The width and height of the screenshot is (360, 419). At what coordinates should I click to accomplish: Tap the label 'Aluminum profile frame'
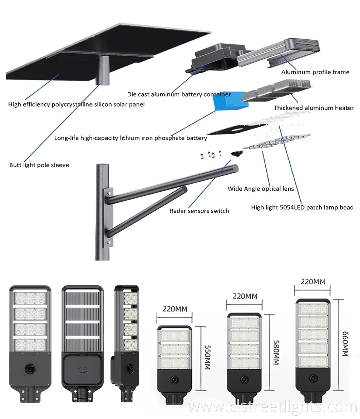pos(315,72)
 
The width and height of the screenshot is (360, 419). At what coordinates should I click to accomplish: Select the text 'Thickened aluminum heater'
pos(313,108)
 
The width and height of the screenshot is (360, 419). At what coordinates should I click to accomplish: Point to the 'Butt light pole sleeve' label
pos(39,165)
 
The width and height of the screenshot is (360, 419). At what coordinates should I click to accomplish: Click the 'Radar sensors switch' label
pos(199,211)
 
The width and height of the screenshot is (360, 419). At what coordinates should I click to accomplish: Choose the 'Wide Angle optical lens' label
pos(260,189)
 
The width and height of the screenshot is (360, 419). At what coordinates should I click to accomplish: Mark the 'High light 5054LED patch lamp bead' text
pos(302,207)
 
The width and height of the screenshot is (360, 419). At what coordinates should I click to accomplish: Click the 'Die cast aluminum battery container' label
pos(179,94)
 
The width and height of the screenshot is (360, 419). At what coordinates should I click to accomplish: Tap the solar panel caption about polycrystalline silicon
pos(76,104)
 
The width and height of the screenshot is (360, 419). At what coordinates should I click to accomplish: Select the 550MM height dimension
pos(207,357)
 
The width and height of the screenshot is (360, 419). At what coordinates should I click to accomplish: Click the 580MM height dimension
pos(276,353)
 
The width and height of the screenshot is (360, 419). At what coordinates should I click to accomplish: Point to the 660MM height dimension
pos(345,344)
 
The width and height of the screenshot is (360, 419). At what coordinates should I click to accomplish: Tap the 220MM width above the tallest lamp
pos(313,282)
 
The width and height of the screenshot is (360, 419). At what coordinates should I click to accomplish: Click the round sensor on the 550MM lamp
pos(174,378)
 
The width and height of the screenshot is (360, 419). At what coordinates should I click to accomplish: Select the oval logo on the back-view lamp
pos(82,369)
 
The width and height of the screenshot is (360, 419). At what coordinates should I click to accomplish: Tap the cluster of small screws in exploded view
pos(211,155)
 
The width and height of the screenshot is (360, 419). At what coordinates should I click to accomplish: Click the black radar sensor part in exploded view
pos(236,153)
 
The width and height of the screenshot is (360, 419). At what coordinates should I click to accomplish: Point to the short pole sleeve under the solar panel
pos(103,70)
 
